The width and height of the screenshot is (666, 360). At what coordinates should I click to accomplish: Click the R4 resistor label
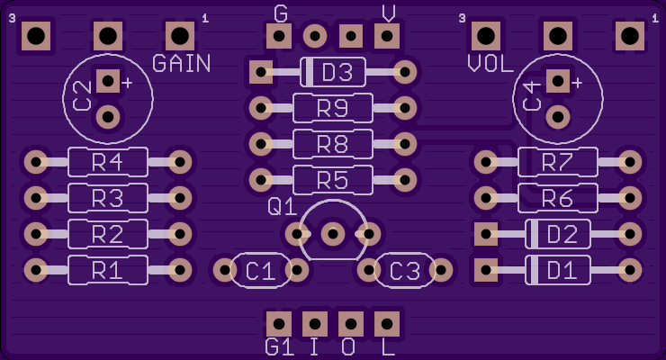(x=107, y=162)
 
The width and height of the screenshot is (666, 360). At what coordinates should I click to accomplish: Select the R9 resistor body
(x=333, y=108)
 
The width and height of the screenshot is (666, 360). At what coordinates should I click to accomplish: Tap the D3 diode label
(x=337, y=73)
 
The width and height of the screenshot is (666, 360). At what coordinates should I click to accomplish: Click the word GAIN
(x=182, y=64)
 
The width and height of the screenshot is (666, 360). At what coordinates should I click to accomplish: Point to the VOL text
(x=490, y=64)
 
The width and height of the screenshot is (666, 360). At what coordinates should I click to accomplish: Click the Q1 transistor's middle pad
(x=333, y=234)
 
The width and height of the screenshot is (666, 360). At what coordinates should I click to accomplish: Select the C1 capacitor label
(x=261, y=271)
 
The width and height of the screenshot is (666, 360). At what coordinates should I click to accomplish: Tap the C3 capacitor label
(x=405, y=271)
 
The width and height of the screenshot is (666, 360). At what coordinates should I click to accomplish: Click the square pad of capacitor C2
(x=108, y=81)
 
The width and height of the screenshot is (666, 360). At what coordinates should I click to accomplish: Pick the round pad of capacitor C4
(x=558, y=117)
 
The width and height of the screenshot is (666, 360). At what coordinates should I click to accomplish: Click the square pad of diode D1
(x=485, y=270)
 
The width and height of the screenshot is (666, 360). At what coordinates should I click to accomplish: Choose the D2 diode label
(x=562, y=234)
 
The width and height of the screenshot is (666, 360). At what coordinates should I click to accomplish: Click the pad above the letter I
(x=315, y=324)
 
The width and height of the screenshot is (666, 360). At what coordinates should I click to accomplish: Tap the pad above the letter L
(x=387, y=324)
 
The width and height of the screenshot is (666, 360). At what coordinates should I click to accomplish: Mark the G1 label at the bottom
(x=280, y=347)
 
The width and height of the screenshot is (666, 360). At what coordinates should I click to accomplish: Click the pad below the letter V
(x=387, y=36)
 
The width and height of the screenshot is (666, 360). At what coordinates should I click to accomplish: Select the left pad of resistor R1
(x=36, y=270)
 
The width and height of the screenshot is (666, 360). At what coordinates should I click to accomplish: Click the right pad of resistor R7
(x=630, y=162)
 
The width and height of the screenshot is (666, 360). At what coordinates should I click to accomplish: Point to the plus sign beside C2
(x=127, y=83)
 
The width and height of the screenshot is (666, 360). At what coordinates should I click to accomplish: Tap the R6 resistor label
(x=558, y=198)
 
